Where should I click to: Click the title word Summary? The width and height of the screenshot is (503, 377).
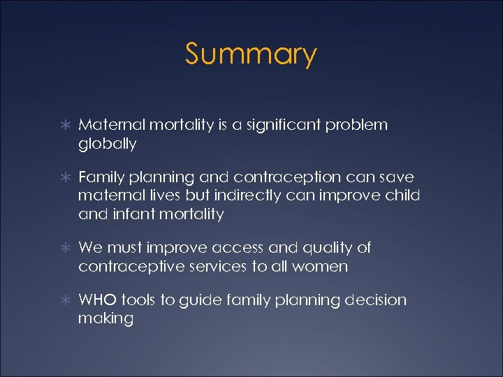pyautogui.click(x=251, y=54)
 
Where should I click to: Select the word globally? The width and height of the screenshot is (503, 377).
pyautogui.click(x=107, y=145)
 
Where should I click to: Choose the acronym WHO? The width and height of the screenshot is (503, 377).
pyautogui.click(x=97, y=300)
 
